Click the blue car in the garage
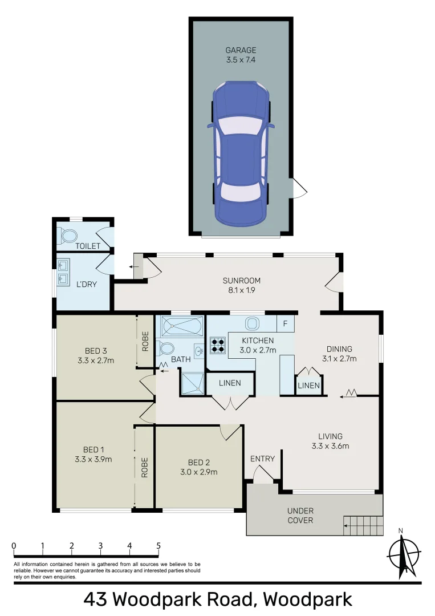(240, 153)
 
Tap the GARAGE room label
(240, 50)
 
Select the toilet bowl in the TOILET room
(69, 235)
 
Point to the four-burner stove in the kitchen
(218, 344)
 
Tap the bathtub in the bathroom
(181, 327)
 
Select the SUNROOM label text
(241, 280)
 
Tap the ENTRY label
(262, 459)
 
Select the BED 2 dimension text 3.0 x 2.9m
(199, 472)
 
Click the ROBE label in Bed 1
(145, 467)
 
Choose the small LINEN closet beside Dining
(308, 386)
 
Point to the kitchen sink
(252, 323)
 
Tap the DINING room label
(339, 349)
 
